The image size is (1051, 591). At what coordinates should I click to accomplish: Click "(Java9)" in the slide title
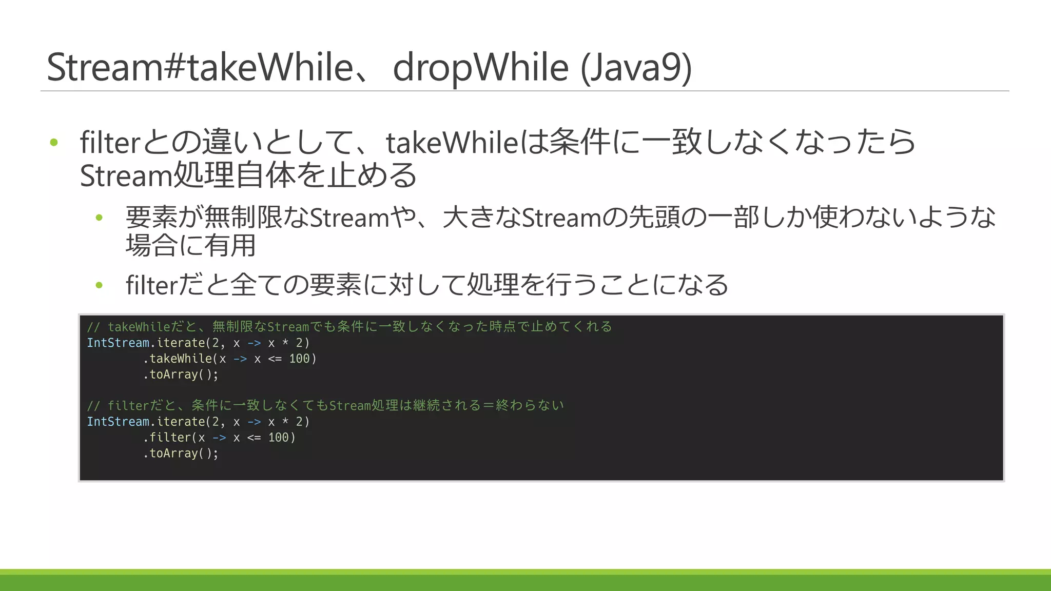(636, 68)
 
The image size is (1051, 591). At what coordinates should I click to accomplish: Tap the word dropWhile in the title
(480, 68)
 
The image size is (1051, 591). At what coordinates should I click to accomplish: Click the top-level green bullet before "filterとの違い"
(54, 142)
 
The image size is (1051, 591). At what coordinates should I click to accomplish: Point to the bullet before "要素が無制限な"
(99, 218)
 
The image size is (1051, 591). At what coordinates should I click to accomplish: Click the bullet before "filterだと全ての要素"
(99, 285)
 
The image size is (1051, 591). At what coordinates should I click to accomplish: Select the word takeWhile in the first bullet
(452, 143)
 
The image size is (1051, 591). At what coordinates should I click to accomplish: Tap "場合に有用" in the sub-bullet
(191, 245)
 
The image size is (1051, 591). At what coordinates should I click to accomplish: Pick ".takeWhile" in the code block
(178, 359)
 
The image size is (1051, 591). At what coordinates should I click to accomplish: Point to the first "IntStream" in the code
(118, 343)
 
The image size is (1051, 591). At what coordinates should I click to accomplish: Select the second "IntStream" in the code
(118, 422)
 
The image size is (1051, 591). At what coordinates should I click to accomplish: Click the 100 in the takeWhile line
(299, 359)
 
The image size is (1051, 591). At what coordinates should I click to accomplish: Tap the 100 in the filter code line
(278, 438)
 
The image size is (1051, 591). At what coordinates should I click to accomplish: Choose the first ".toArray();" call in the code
(181, 375)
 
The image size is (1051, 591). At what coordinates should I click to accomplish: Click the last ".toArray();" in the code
(181, 454)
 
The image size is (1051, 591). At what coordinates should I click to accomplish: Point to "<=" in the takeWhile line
(275, 359)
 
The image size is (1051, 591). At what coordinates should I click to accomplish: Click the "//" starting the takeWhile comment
(93, 327)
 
